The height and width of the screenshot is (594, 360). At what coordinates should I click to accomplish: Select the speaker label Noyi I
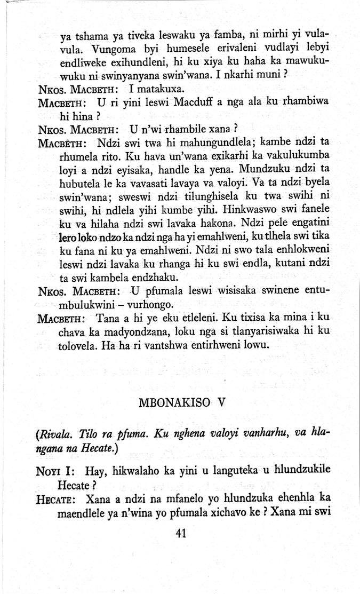(55, 471)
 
